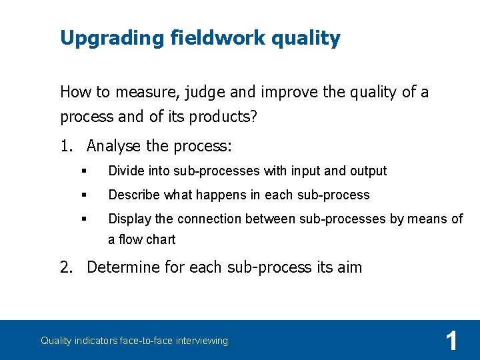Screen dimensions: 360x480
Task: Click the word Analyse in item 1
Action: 114,145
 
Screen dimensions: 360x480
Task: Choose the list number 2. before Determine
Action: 67,267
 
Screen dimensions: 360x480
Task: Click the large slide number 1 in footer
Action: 451,341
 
